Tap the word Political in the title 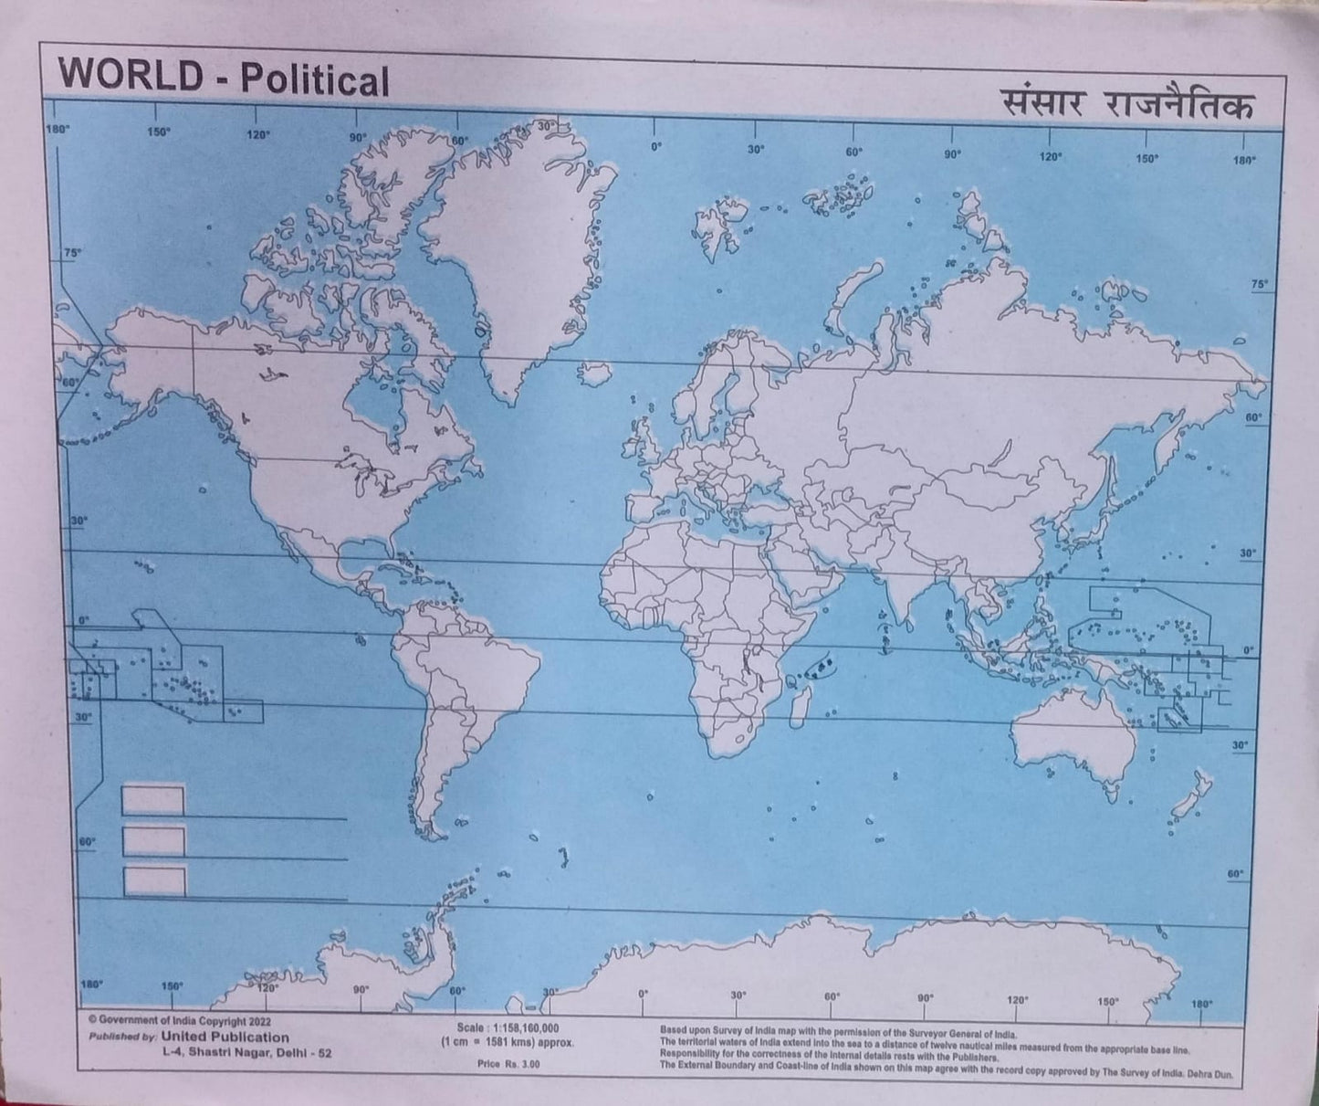pos(314,80)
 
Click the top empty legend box pos(153,801)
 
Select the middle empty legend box pos(153,841)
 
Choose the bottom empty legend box pos(153,881)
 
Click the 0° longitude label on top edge pos(654,146)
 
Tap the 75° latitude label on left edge pos(72,252)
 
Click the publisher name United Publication pos(225,1038)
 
